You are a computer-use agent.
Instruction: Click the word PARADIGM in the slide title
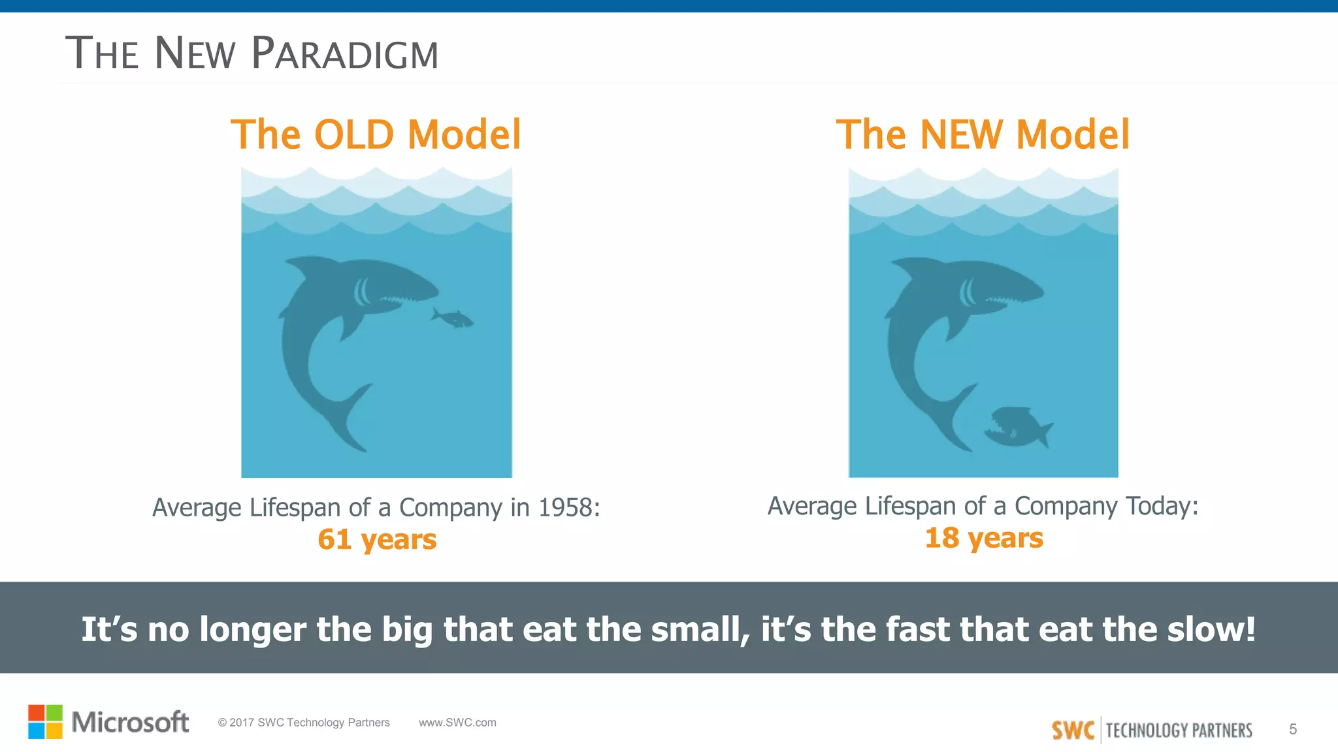coord(344,54)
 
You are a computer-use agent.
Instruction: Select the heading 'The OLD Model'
coord(376,134)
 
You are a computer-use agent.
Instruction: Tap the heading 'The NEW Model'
coord(983,134)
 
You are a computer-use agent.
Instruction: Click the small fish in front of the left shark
coord(452,318)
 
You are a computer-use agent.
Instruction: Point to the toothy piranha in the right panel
coord(1017,428)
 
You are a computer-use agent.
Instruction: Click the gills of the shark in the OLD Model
coord(361,292)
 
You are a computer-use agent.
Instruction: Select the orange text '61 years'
coord(377,539)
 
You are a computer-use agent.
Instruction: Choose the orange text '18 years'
coord(984,538)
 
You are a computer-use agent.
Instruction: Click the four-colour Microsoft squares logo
coord(45,721)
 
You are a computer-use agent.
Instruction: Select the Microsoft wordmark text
coord(130,722)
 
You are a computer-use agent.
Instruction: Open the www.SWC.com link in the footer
coord(457,723)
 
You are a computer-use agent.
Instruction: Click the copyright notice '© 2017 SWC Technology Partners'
coord(304,723)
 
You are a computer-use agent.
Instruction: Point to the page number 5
coord(1292,729)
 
